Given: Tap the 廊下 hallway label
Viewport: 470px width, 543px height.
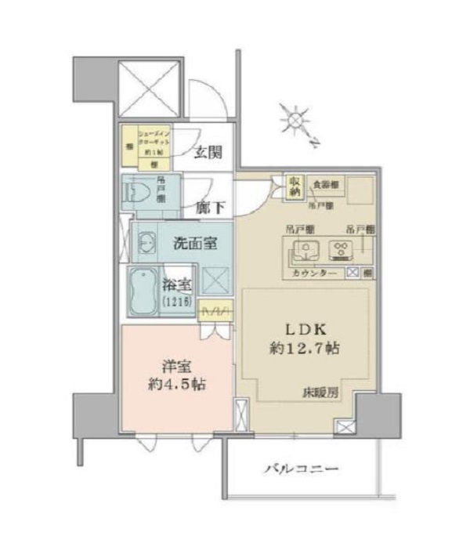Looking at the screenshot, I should pyautogui.click(x=210, y=208).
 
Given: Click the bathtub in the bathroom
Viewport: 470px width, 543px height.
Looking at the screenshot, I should pyautogui.click(x=144, y=290).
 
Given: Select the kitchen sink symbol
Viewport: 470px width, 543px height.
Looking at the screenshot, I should pyautogui.click(x=303, y=252).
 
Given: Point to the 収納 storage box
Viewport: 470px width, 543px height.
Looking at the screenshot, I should pyautogui.click(x=295, y=186).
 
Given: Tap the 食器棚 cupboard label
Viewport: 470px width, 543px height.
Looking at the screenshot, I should pyautogui.click(x=324, y=184).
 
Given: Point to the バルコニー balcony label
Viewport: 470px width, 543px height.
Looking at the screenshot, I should pyautogui.click(x=301, y=469).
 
